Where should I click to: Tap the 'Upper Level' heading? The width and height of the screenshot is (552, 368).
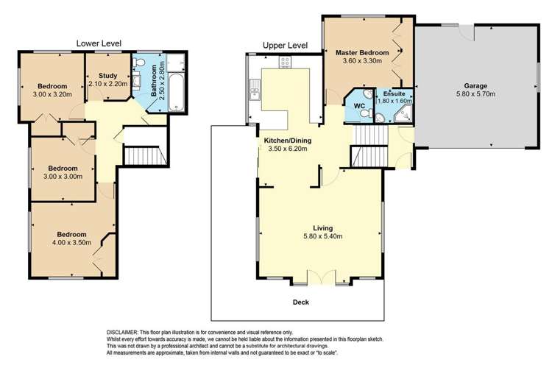285,46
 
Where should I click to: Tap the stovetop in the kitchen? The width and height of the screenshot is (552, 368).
285,63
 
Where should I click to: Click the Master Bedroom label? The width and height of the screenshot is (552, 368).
361,53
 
